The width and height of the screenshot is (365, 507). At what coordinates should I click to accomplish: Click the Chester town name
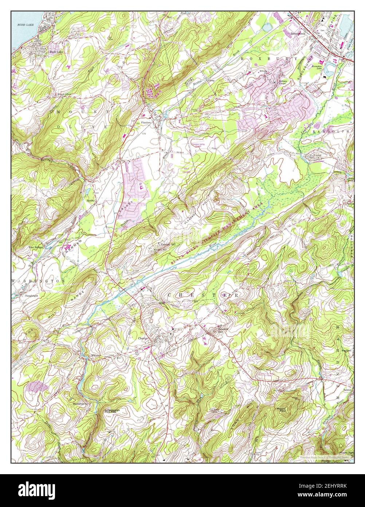[143, 338]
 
